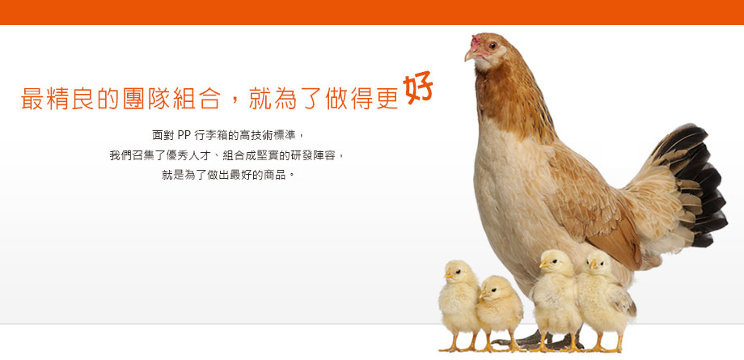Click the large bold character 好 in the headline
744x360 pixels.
(x=417, y=87)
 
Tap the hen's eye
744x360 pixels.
(x=492, y=45)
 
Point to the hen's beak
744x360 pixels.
(x=470, y=55)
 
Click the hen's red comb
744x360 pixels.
(x=476, y=41)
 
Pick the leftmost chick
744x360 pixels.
(x=458, y=305)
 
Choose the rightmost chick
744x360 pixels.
(x=604, y=301)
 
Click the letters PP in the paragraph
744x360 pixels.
(x=184, y=135)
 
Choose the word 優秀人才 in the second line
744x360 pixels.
(x=184, y=155)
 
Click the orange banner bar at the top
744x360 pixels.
(x=372, y=12)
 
